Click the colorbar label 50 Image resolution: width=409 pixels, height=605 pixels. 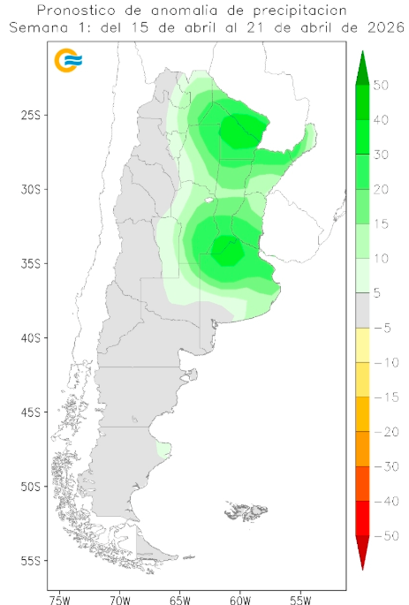tap(382, 86)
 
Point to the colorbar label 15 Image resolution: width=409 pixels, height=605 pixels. tap(382, 224)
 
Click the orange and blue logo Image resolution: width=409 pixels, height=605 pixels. tap(68, 61)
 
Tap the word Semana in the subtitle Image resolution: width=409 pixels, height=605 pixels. tap(36, 27)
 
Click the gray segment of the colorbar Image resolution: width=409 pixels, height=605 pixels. tap(362, 311)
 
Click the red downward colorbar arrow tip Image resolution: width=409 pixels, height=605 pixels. tap(362, 565)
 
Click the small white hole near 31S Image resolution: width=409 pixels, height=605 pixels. tap(208, 200)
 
